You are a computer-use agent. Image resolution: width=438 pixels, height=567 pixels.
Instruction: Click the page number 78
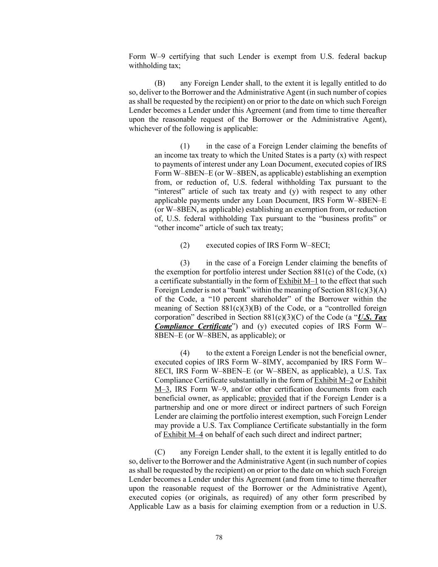click(x=219, y=538)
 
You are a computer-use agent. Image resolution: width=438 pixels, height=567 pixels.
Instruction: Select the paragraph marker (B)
click(x=160, y=83)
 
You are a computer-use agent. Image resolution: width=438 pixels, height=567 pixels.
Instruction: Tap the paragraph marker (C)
click(x=160, y=452)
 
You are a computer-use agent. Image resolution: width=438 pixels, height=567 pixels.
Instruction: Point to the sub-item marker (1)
click(x=185, y=146)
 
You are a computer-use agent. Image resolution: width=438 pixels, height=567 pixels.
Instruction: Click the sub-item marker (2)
click(x=185, y=245)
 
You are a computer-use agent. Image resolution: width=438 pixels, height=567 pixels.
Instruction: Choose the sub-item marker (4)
click(x=185, y=353)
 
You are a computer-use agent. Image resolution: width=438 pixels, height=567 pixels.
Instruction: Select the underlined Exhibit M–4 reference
click(x=183, y=434)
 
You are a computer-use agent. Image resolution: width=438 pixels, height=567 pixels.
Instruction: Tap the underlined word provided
click(x=272, y=398)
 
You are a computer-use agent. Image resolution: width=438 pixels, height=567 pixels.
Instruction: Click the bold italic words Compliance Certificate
click(x=193, y=326)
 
